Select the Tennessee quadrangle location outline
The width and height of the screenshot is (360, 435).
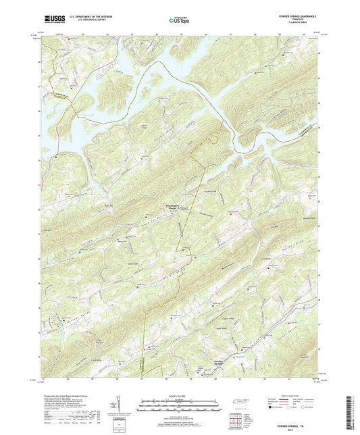(238, 403)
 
